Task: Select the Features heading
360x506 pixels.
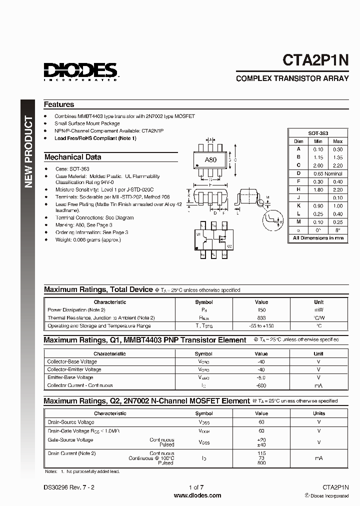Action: pyautogui.click(x=59, y=104)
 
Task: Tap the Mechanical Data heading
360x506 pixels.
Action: pyautogui.click(x=73, y=157)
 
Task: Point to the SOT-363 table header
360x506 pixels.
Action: pyautogui.click(x=318, y=133)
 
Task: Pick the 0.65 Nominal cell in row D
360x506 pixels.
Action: pyautogui.click(x=327, y=173)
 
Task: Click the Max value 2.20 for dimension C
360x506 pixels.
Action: pyautogui.click(x=338, y=165)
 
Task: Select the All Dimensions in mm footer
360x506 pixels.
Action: pyautogui.click(x=318, y=238)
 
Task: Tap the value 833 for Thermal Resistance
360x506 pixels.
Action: pyautogui.click(x=261, y=318)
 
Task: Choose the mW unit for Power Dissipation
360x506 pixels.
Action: pyautogui.click(x=318, y=310)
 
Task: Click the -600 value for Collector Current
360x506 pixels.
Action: pyautogui.click(x=261, y=385)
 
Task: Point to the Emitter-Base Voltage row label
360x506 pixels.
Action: pyautogui.click(x=70, y=377)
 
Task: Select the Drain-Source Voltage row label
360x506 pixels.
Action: pyautogui.click(x=71, y=422)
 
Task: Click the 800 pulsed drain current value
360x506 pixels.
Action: pyautogui.click(x=261, y=463)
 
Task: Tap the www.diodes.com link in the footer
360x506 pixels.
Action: pyautogui.click(x=197, y=495)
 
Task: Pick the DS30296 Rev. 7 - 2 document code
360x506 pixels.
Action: pyautogui.click(x=68, y=487)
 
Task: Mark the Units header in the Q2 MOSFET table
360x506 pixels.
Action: pyautogui.click(x=318, y=413)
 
